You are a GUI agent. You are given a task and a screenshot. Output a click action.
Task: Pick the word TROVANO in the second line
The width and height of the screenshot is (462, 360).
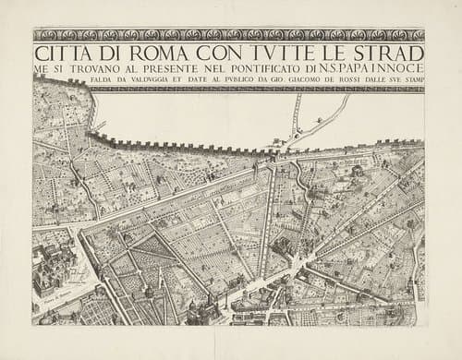click(92, 68)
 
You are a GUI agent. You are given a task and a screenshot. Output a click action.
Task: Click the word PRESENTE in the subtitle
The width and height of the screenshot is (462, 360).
click(172, 68)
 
